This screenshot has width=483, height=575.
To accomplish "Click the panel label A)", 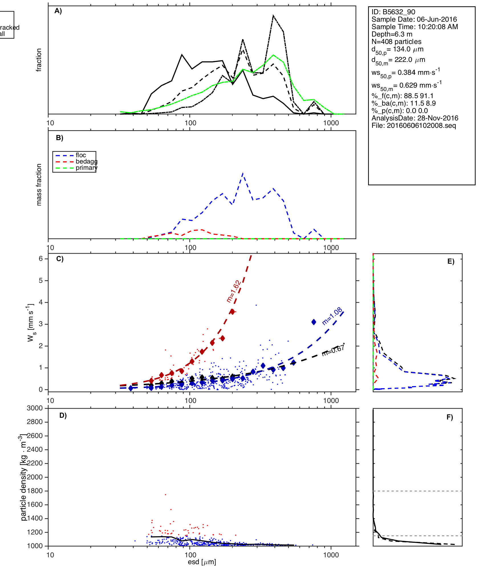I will click(58, 11).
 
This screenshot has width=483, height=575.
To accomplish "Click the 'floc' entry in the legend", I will click(81, 155).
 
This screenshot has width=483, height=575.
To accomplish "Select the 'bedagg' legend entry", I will click(86, 162).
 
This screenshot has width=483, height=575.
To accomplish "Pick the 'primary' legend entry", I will click(86, 168).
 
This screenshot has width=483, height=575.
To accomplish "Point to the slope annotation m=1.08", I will click(332, 316).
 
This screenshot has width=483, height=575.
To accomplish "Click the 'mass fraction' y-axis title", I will click(39, 184).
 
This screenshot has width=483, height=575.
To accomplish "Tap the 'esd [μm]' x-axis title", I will click(202, 562).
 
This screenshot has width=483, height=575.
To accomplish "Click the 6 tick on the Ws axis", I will click(41, 259).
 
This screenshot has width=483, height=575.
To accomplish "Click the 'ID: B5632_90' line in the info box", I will click(393, 12).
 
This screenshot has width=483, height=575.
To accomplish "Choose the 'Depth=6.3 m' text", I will click(392, 34).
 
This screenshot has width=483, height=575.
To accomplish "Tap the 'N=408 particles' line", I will click(396, 42).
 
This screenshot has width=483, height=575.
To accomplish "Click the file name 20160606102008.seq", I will click(414, 126).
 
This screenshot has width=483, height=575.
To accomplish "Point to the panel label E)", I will click(451, 261).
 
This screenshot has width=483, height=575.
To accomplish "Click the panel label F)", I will click(450, 417).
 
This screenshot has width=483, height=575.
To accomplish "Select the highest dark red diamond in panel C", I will click(232, 312).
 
